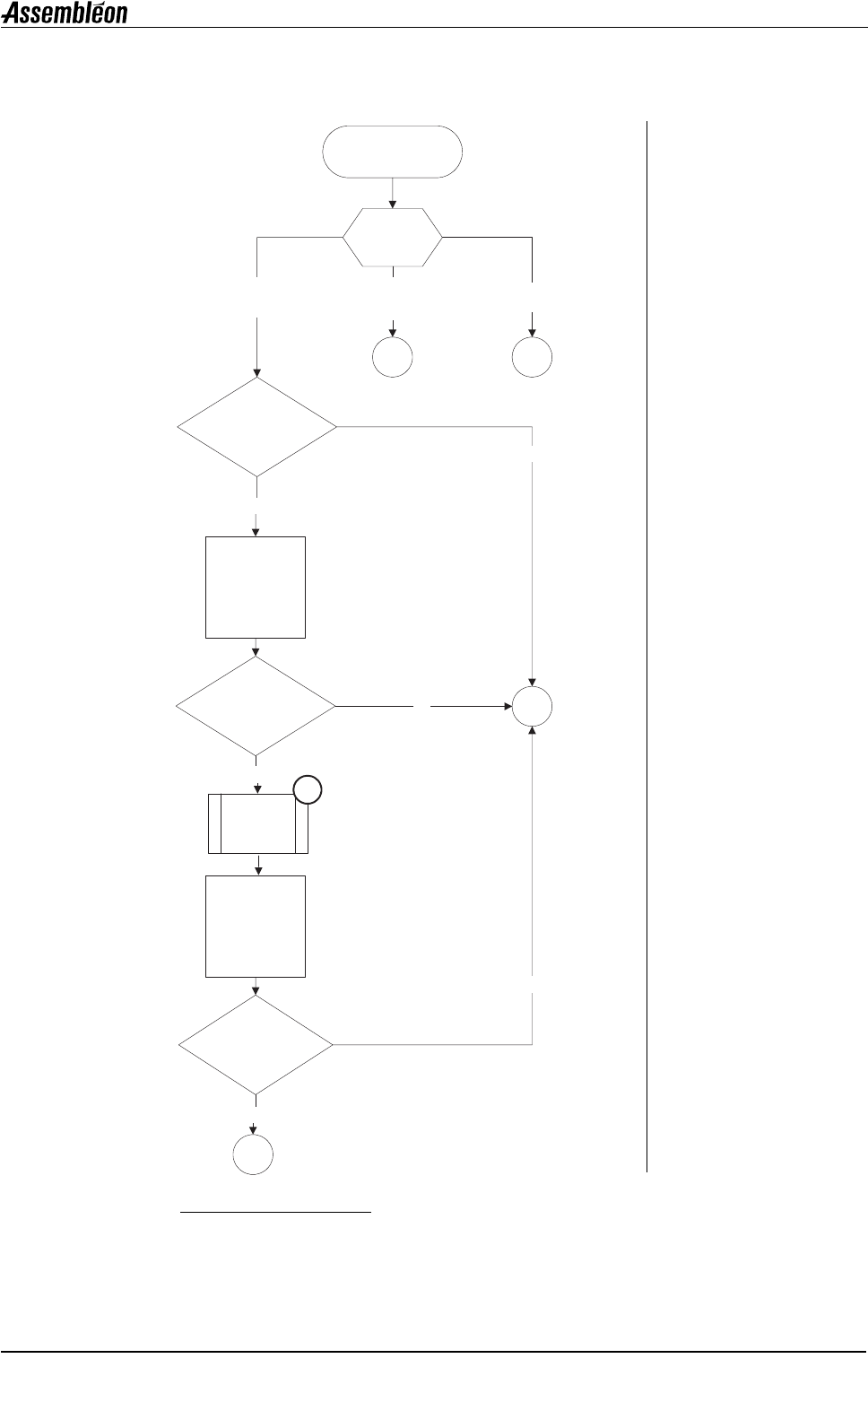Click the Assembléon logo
pos(65,13)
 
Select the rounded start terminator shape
pos(393,152)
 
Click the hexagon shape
pos(393,238)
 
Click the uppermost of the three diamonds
pos(257,427)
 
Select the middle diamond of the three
pos(256,707)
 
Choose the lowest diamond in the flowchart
pos(256,1045)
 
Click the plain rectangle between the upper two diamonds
pos(256,588)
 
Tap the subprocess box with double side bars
pos(257,823)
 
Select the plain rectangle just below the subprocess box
pos(256,926)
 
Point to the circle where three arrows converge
pos(533,707)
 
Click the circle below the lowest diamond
pos(254,1155)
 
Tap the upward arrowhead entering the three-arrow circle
pos(533,733)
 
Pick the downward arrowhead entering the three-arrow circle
pos(534,682)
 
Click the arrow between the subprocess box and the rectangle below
pos(259,865)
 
